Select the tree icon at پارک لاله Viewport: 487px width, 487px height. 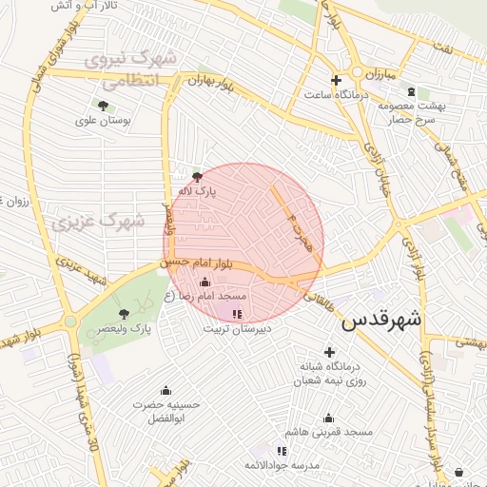pyautogui.click(x=197, y=176)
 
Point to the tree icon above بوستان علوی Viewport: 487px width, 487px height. pyautogui.click(x=103, y=106)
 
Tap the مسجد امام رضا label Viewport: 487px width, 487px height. pyautogui.click(x=205, y=297)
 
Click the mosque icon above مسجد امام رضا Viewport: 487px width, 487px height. pyautogui.click(x=205, y=282)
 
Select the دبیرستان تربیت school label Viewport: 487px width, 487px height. pyautogui.click(x=237, y=327)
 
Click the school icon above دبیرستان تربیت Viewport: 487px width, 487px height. pyautogui.click(x=237, y=313)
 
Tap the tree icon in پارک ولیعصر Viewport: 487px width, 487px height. pyautogui.click(x=123, y=313)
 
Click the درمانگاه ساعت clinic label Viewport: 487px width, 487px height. pyautogui.click(x=336, y=94)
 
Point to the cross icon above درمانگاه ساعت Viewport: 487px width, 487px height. pyautogui.click(x=335, y=80)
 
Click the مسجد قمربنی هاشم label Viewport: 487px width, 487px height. pyautogui.click(x=333, y=432)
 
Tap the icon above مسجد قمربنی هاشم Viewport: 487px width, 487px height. pyautogui.click(x=328, y=418)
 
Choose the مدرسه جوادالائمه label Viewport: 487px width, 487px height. pyautogui.click(x=282, y=464)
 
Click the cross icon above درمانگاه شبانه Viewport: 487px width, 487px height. pyautogui.click(x=329, y=352)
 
